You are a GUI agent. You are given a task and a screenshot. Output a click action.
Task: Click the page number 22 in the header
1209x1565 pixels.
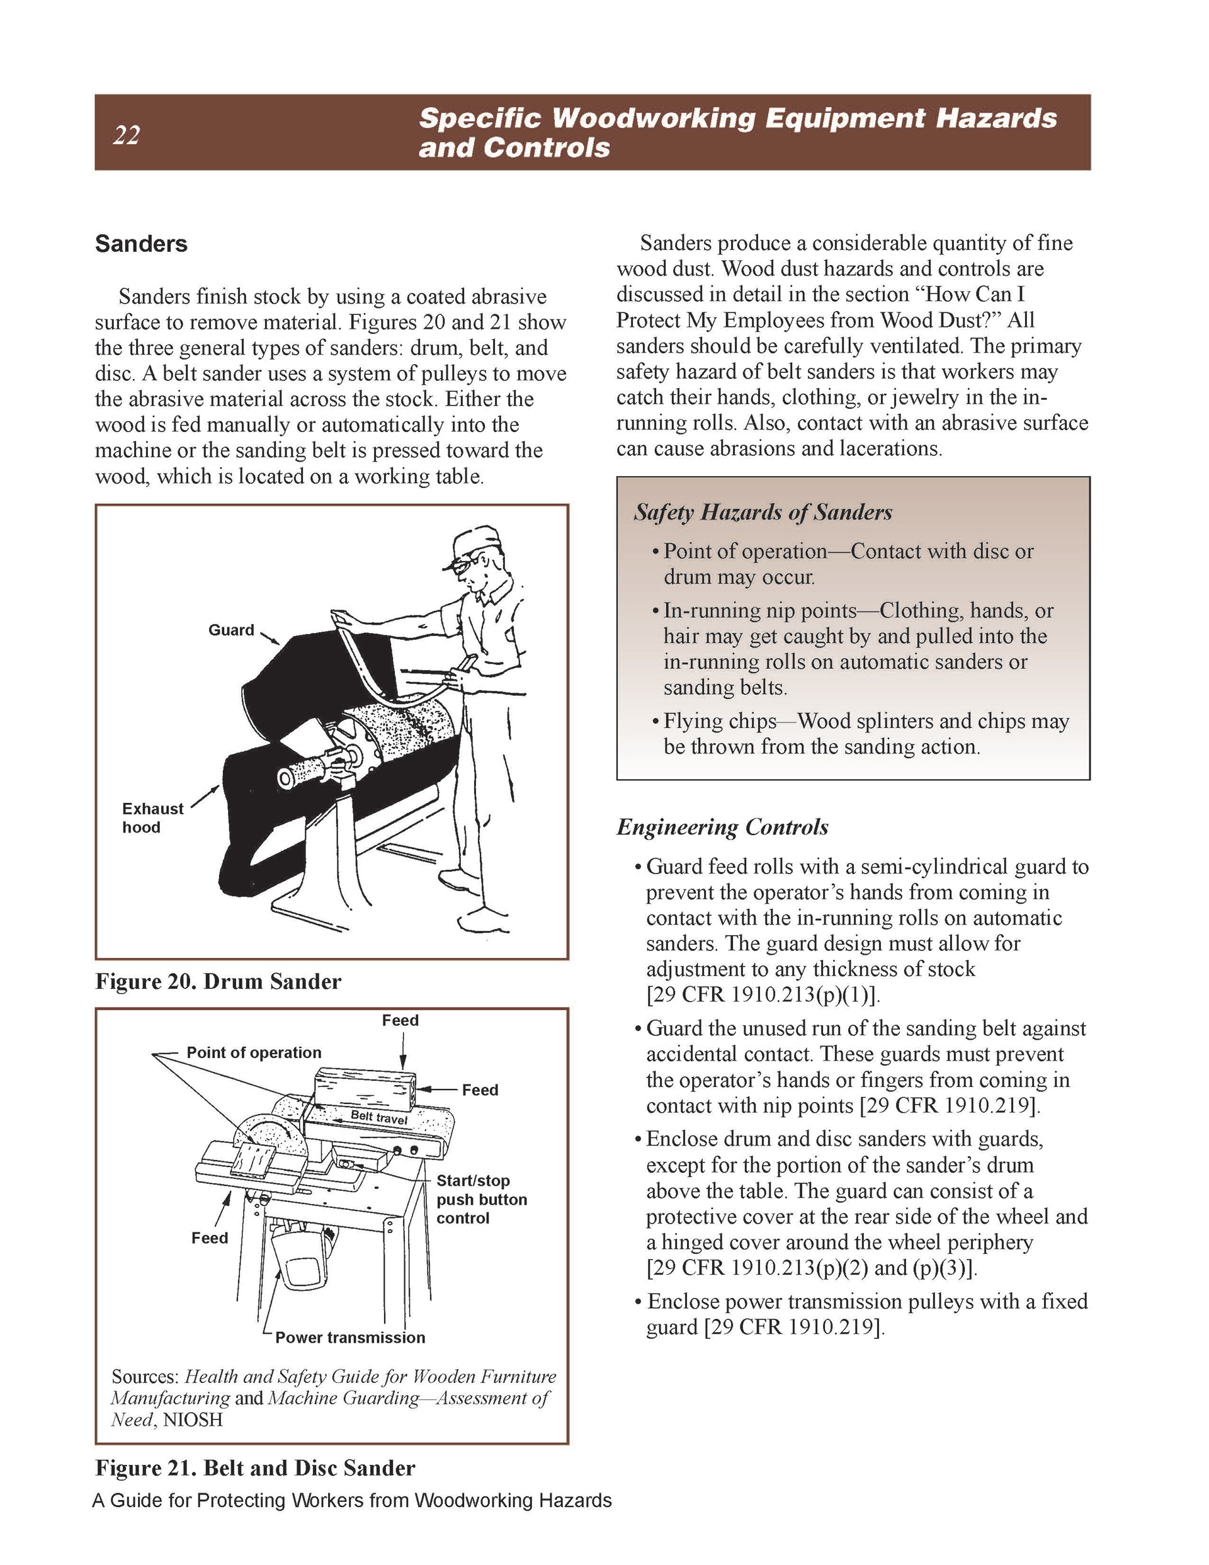(126, 135)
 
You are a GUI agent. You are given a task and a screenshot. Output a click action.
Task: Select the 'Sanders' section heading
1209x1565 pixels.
(141, 244)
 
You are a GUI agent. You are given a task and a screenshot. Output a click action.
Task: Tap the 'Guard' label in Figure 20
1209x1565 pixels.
(230, 630)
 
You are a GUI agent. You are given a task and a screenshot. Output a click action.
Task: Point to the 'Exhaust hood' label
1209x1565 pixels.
(152, 817)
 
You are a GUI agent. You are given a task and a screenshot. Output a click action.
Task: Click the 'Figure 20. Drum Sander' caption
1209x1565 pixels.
(218, 981)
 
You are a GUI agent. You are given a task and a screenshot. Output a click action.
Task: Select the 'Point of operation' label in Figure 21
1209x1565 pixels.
(254, 1052)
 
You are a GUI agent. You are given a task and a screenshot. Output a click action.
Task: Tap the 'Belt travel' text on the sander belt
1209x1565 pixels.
(379, 1117)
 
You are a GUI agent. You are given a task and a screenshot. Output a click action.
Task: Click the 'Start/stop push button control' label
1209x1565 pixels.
(481, 1199)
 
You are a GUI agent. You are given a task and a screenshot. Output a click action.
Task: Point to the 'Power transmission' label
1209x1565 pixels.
(349, 1337)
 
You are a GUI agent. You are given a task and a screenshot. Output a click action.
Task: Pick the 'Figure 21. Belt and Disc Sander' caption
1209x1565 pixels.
(255, 1468)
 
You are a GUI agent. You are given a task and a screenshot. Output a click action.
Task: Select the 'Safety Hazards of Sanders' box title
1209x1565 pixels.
(763, 513)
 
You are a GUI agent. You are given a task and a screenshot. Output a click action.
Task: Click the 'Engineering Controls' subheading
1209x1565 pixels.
(722, 827)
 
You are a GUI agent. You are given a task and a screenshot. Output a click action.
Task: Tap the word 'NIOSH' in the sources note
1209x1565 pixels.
(193, 1419)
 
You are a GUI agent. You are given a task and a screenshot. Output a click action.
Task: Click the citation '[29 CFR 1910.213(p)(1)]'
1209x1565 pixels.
(763, 994)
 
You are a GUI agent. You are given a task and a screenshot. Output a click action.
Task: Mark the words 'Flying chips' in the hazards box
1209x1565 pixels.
(720, 721)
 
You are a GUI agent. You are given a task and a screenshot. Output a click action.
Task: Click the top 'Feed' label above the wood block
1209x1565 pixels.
(400, 1020)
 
